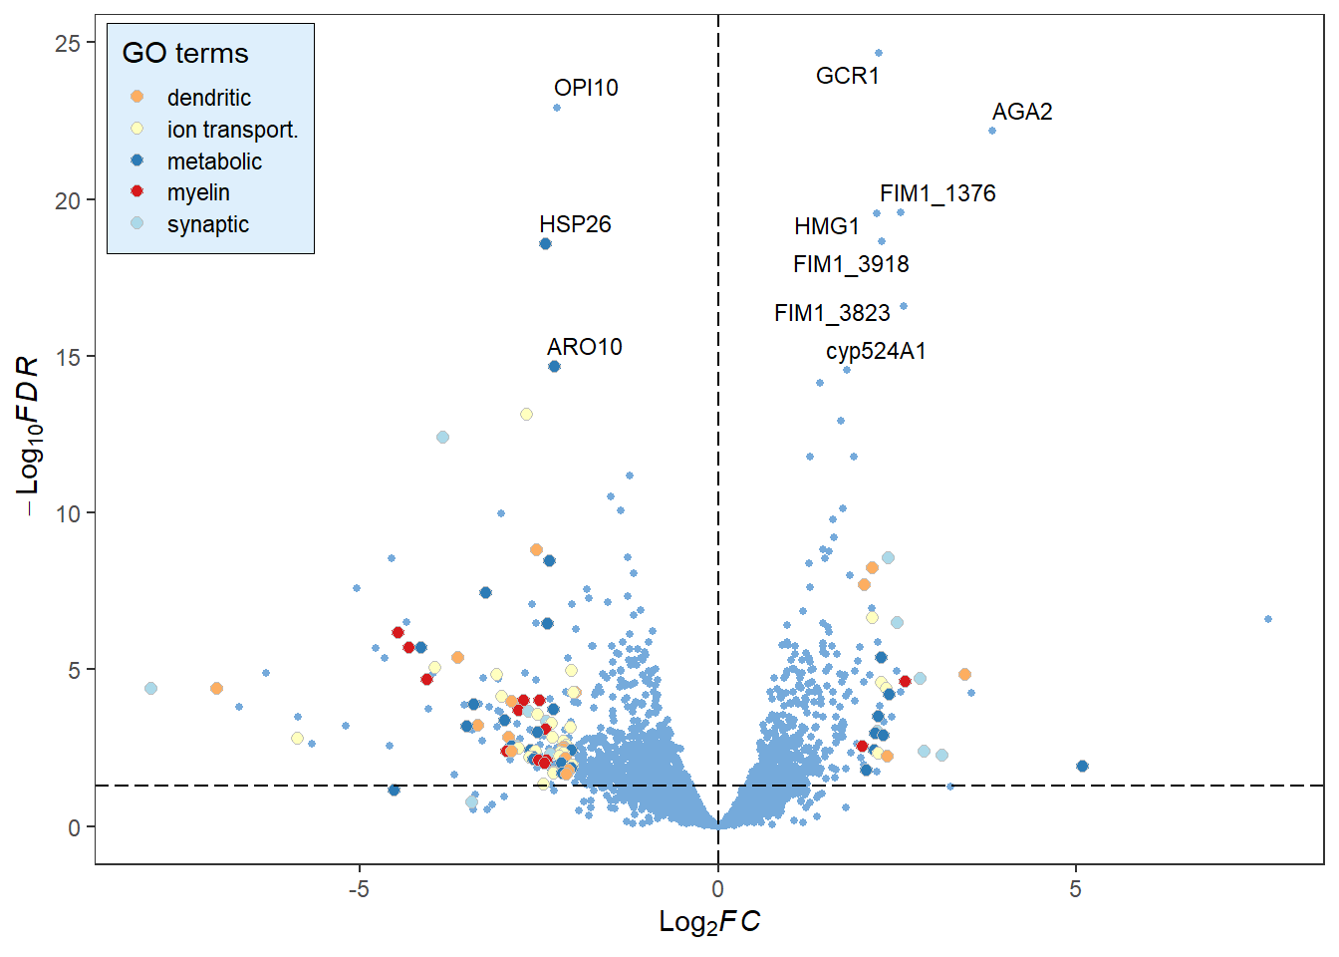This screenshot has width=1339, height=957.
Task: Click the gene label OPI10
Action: click(x=586, y=88)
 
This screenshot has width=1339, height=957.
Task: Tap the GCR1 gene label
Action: click(x=847, y=76)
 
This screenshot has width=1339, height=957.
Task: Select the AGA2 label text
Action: click(x=1022, y=112)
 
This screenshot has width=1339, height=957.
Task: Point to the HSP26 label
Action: click(x=575, y=224)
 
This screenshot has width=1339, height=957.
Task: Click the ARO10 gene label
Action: click(x=584, y=347)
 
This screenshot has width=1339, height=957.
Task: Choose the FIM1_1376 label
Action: click(x=937, y=193)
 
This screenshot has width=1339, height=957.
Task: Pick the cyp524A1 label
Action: click(x=876, y=351)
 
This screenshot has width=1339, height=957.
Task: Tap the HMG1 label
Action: click(x=826, y=227)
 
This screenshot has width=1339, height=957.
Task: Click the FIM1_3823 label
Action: click(x=832, y=313)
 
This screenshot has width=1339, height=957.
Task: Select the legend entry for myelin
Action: click(x=198, y=192)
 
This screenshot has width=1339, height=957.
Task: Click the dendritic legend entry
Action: click(x=208, y=98)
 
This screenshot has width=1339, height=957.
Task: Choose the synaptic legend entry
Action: click(x=207, y=224)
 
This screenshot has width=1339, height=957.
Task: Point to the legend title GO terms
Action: click(x=185, y=53)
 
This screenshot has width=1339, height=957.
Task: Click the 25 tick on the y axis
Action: click(x=68, y=43)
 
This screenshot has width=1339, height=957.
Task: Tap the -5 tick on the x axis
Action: click(x=359, y=889)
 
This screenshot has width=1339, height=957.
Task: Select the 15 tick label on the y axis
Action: click(x=68, y=357)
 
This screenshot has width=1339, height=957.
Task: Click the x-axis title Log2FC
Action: click(x=709, y=922)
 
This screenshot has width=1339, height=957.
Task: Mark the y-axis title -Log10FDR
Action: click(x=29, y=436)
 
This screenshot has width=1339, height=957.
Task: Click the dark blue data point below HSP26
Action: click(x=545, y=244)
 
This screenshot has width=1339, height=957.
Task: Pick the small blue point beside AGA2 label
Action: click(x=992, y=131)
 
